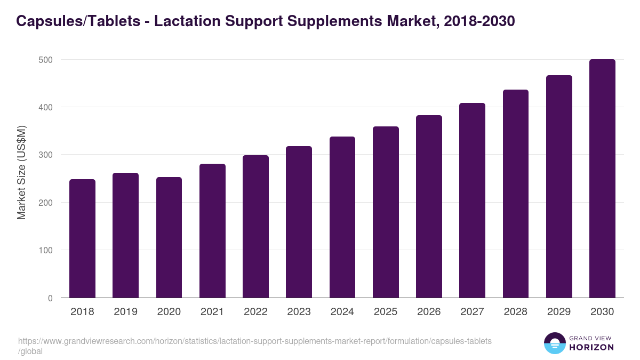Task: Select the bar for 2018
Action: (82, 238)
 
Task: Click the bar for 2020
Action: (169, 237)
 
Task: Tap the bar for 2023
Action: (299, 222)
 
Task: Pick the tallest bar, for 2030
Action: (602, 179)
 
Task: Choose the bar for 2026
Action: (429, 206)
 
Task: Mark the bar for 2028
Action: (516, 194)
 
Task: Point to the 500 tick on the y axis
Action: (46, 60)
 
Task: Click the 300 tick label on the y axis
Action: (46, 155)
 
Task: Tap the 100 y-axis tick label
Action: (46, 250)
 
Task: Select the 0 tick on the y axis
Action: (50, 298)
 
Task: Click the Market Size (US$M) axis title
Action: (21, 172)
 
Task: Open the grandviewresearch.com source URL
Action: (255, 341)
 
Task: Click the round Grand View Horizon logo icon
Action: (554, 343)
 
